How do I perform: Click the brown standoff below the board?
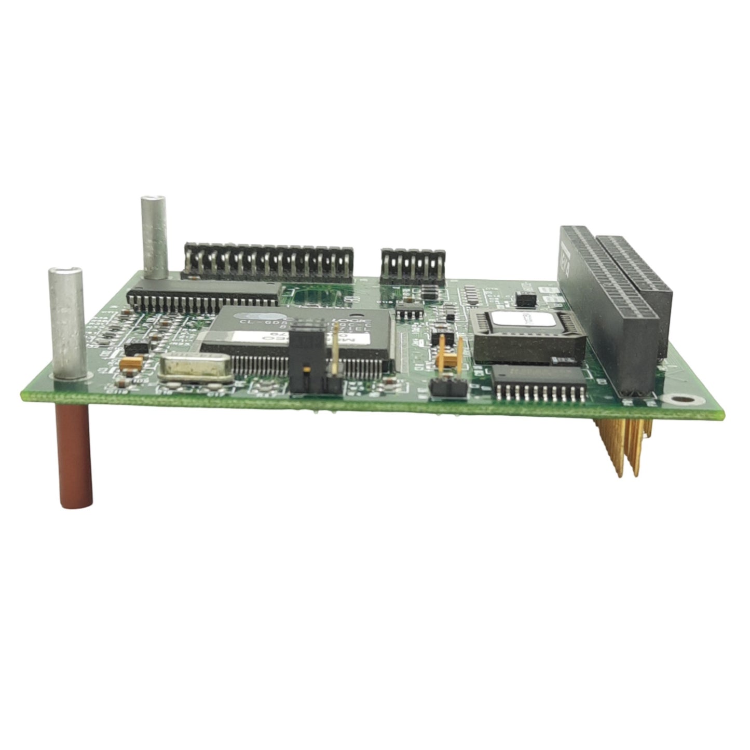tap(76, 457)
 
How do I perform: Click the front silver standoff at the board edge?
tap(66, 322)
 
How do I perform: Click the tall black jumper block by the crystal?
tap(306, 358)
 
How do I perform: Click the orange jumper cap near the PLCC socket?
tap(449, 358)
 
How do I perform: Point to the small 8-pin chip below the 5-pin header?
tap(409, 312)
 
